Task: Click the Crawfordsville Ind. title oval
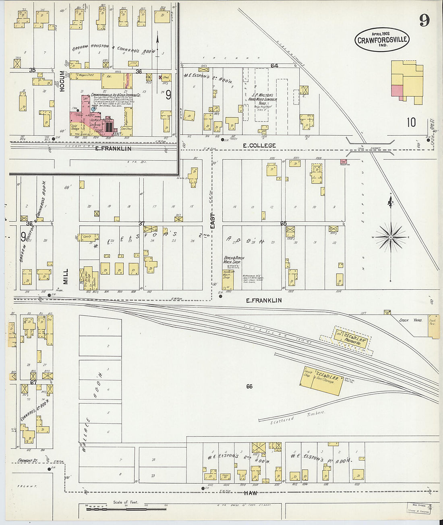point(381,40)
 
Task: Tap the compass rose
point(391,237)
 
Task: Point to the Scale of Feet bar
point(126,509)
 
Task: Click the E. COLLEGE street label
point(259,146)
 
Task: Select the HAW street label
point(250,493)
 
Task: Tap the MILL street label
point(66,276)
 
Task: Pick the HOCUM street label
point(62,82)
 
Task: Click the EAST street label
point(213,221)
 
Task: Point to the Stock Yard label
point(410,320)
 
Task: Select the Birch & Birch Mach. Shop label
point(234,259)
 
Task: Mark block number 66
point(249,387)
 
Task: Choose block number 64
point(274,66)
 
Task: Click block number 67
point(33,382)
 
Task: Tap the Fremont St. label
point(27,461)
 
